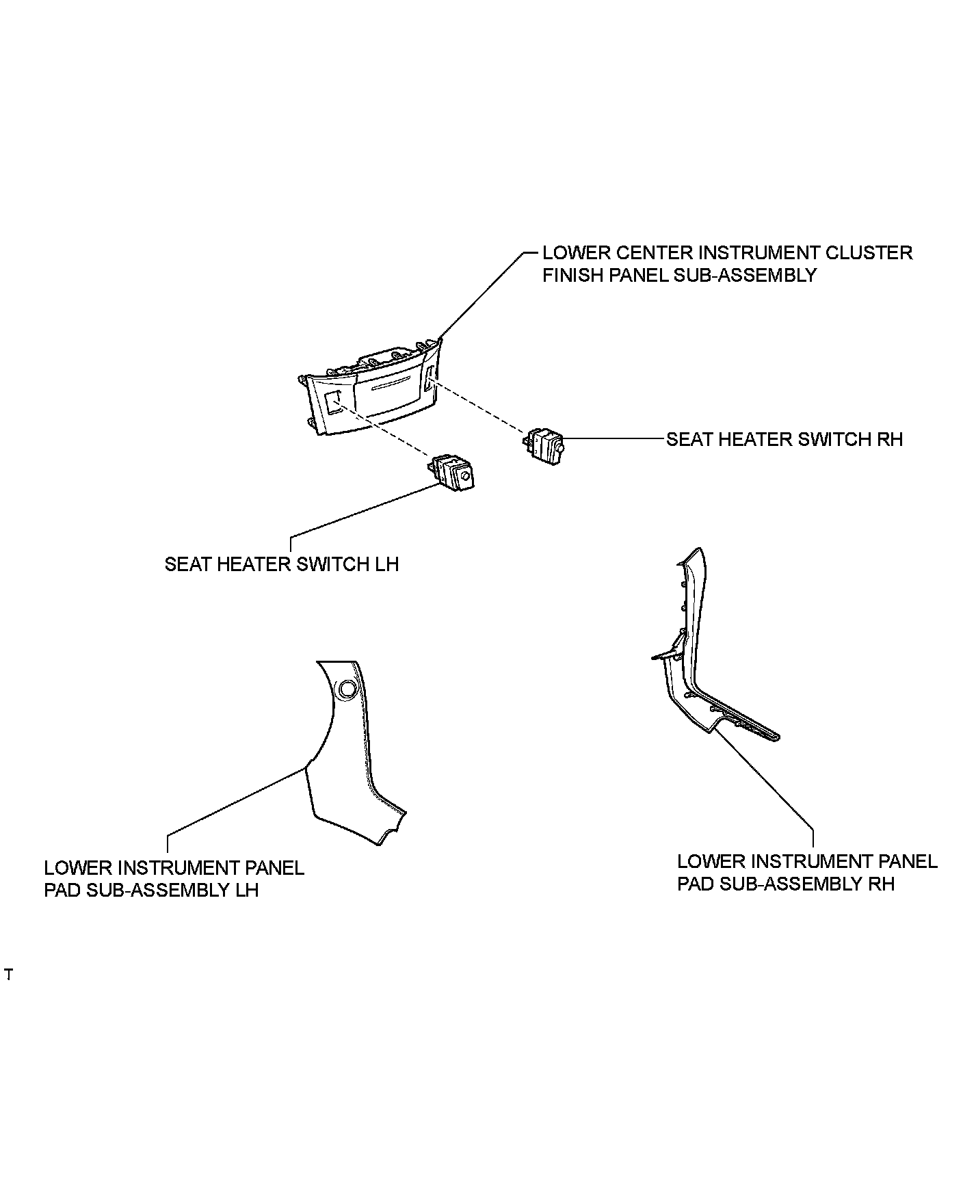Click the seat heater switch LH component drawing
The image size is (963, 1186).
(452, 471)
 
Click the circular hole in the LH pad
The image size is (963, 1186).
(347, 689)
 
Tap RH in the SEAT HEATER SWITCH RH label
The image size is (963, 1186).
(889, 439)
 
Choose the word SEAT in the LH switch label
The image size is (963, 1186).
(189, 564)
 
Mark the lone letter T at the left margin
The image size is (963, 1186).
(8, 974)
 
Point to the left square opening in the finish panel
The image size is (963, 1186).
(333, 402)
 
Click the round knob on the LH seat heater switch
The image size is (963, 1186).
(466, 477)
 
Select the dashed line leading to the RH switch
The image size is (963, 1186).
(479, 409)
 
